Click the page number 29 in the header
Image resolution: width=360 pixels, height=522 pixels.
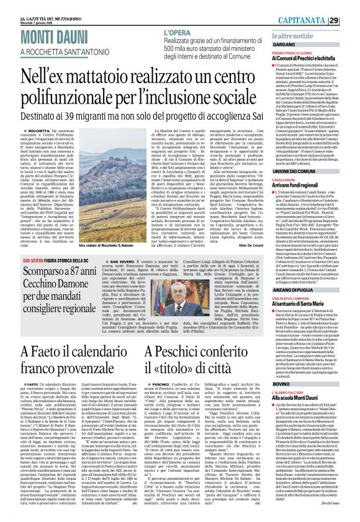point(351,20)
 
